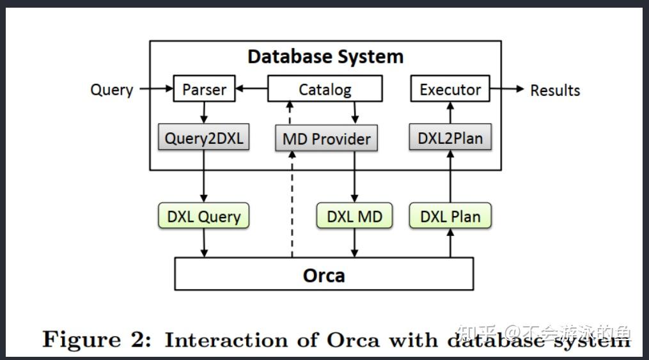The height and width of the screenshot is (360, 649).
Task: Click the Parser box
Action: click(204, 90)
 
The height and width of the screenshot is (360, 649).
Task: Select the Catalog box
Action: click(325, 90)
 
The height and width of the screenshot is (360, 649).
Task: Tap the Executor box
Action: click(450, 90)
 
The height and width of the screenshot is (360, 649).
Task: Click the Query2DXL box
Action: click(203, 138)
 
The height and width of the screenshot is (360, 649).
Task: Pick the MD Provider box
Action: click(326, 139)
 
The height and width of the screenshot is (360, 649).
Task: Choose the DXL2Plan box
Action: click(450, 137)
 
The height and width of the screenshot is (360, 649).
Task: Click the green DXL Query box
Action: click(203, 216)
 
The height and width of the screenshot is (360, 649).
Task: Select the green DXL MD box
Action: click(354, 216)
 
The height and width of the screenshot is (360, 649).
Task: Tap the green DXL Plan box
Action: click(450, 216)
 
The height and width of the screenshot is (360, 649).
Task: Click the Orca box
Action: click(324, 275)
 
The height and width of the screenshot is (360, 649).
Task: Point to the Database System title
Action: click(325, 56)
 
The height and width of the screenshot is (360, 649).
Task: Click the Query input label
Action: click(111, 90)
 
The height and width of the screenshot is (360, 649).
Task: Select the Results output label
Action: click(554, 90)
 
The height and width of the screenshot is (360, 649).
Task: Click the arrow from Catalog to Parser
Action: click(251, 90)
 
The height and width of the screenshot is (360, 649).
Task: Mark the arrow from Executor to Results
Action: click(506, 89)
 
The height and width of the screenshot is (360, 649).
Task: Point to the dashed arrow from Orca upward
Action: click(292, 205)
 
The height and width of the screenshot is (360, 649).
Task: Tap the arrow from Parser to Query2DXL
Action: click(203, 113)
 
